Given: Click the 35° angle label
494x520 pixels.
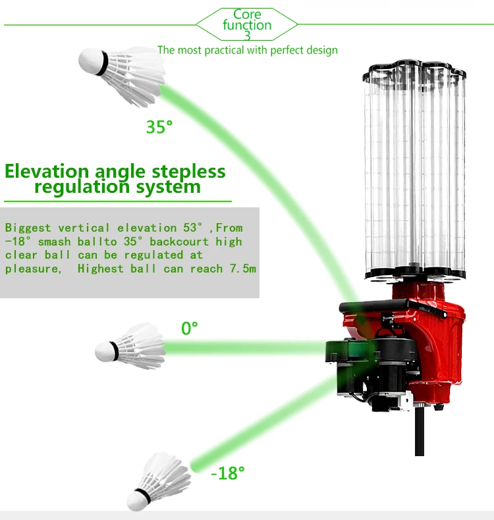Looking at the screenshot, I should point(159,126).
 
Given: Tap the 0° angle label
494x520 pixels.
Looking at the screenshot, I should point(190,328).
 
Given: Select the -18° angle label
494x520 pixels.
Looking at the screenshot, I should point(228,473).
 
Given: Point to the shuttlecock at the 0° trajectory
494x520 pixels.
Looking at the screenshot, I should point(131,346).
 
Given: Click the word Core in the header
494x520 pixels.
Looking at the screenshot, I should point(247,14).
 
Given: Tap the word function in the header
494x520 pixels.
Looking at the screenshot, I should point(247,26).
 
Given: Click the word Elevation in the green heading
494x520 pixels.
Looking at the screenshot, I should point(47,172).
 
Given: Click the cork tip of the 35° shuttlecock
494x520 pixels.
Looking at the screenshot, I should point(89,61).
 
